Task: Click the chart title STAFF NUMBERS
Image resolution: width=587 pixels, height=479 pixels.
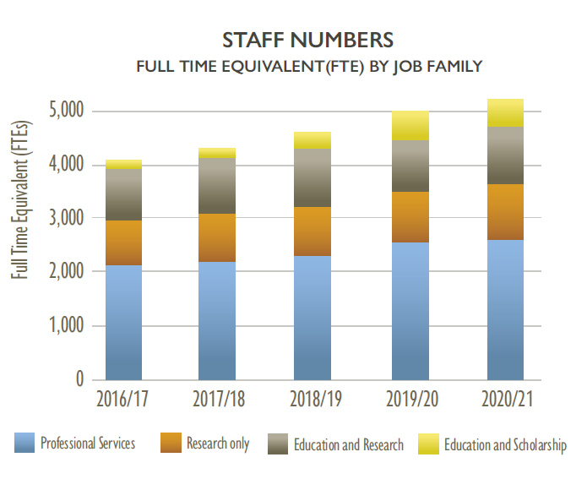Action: click(308, 40)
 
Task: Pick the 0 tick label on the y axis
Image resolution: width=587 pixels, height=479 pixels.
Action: click(78, 379)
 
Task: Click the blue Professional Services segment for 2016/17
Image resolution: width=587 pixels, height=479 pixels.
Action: click(123, 322)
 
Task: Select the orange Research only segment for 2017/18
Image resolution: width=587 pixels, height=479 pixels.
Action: click(217, 237)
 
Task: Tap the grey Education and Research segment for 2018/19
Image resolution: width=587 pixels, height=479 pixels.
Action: click(312, 177)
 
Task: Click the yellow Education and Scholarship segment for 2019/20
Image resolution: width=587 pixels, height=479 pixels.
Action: click(410, 125)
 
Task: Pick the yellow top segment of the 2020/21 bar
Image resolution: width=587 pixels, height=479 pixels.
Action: click(505, 112)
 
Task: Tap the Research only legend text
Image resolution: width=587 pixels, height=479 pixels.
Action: click(217, 444)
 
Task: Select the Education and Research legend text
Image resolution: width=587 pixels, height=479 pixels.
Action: click(348, 444)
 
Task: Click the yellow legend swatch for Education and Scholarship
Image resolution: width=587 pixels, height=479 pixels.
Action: click(429, 444)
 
